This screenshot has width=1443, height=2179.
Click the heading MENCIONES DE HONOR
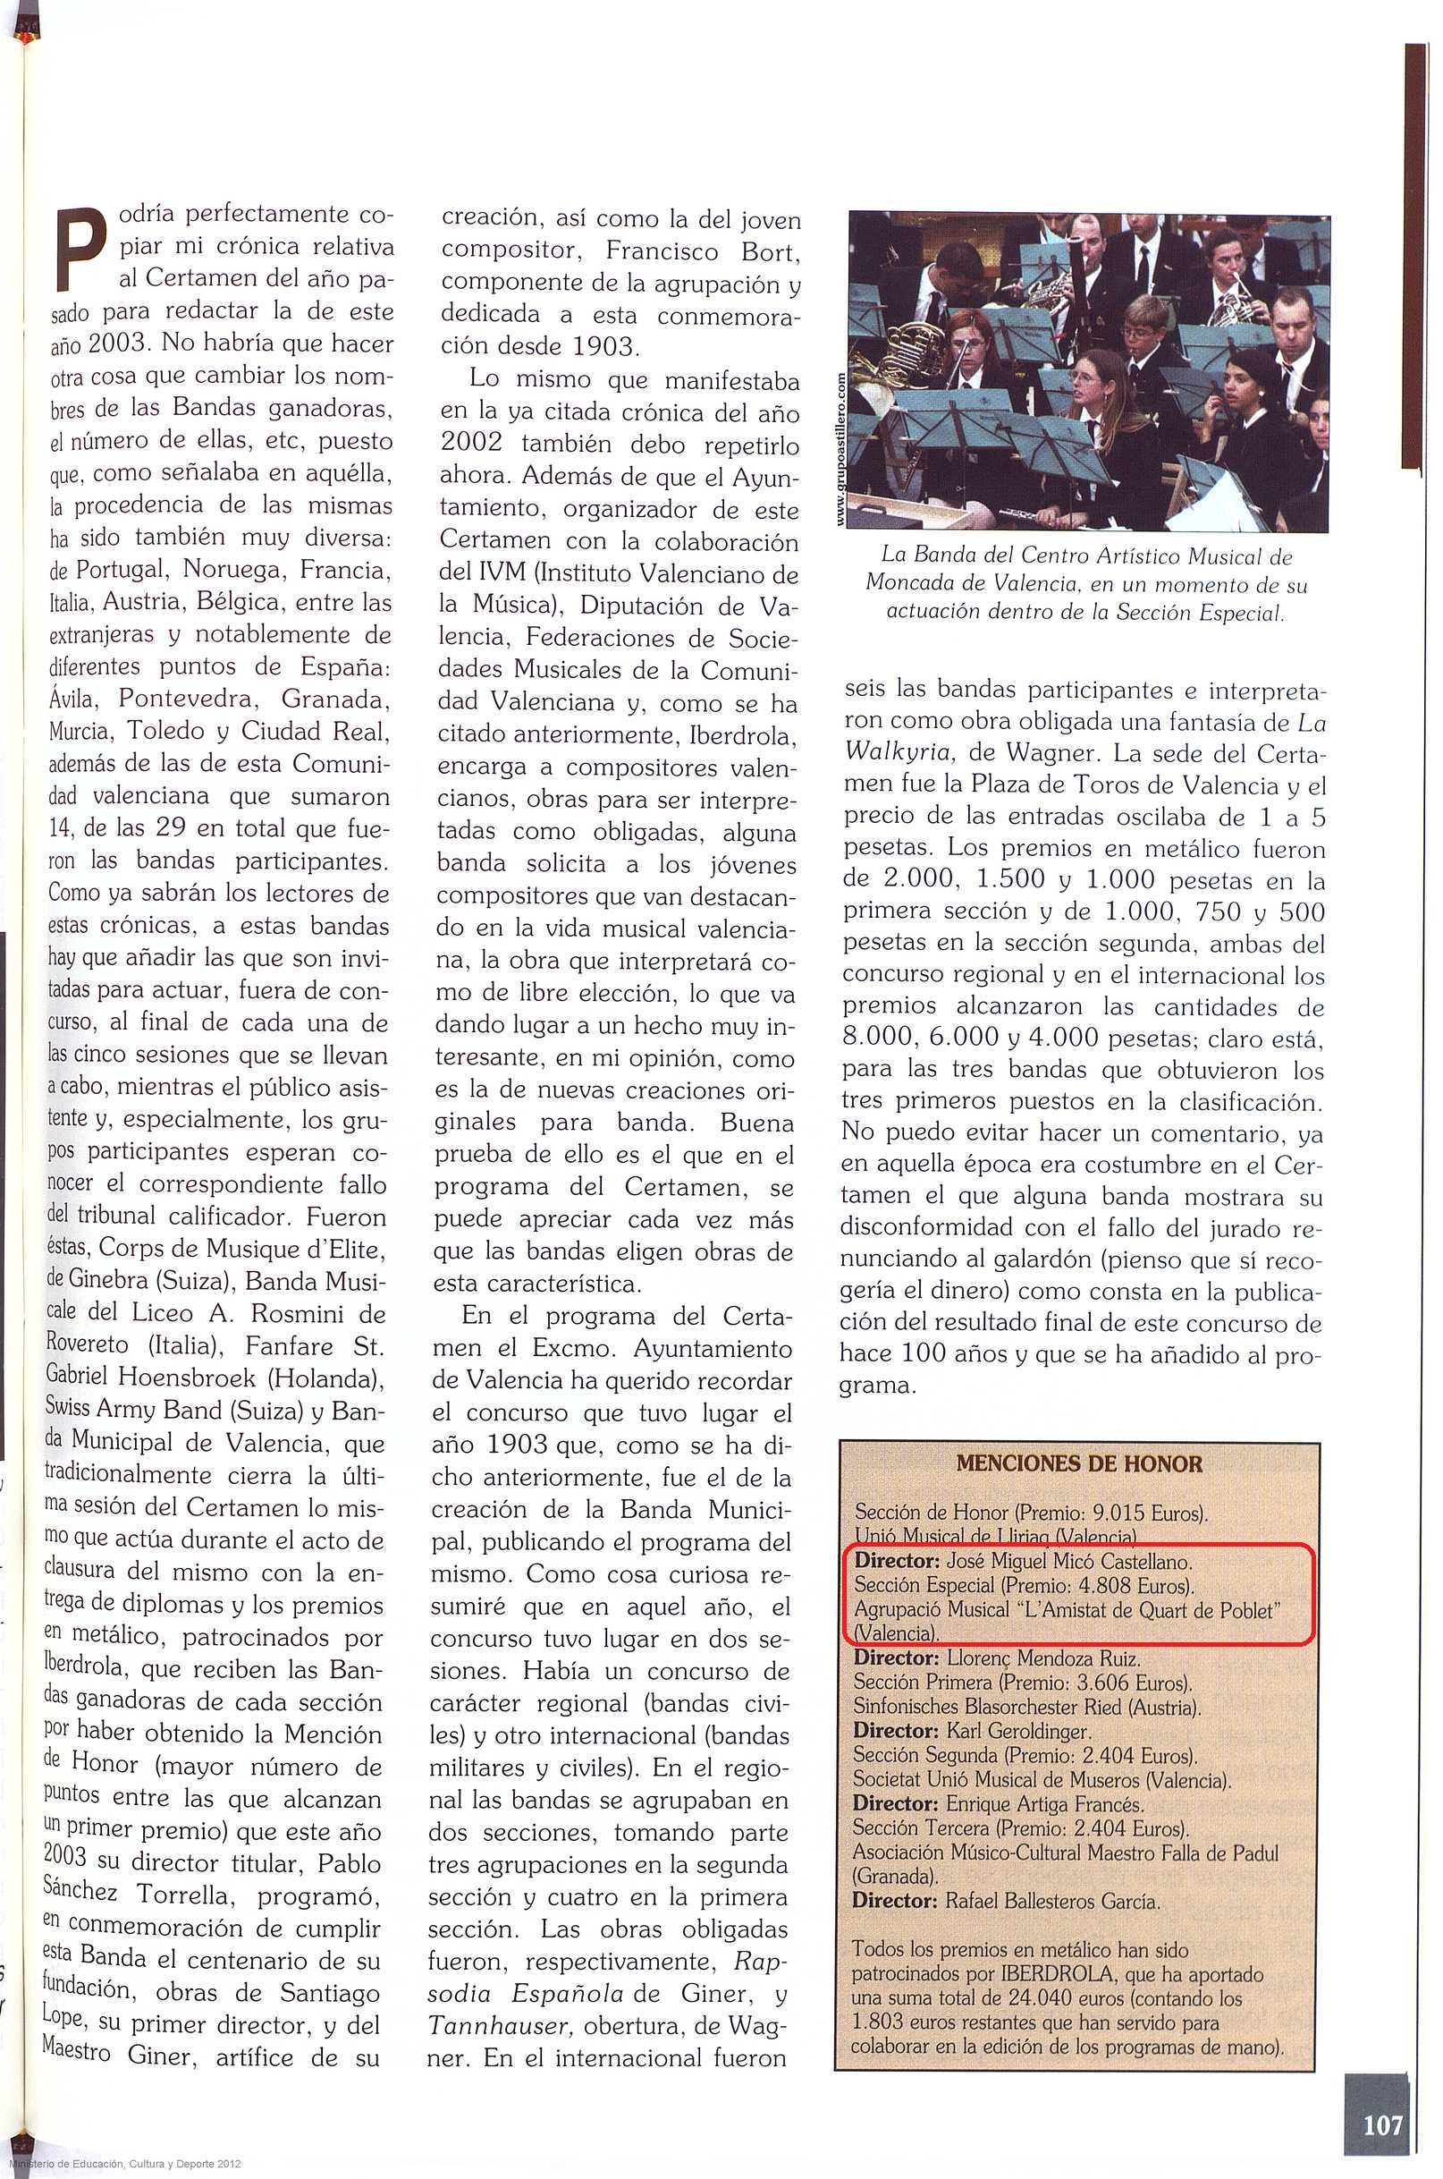(1078, 1463)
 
